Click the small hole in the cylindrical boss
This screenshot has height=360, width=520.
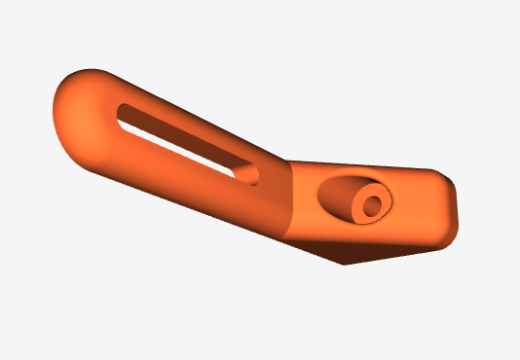pos(371,205)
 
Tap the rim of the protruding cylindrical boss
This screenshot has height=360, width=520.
pos(384,195)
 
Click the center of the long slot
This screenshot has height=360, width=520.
pos(185,143)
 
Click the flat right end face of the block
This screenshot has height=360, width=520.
pos(449,208)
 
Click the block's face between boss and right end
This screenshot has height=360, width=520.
pos(417,209)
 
